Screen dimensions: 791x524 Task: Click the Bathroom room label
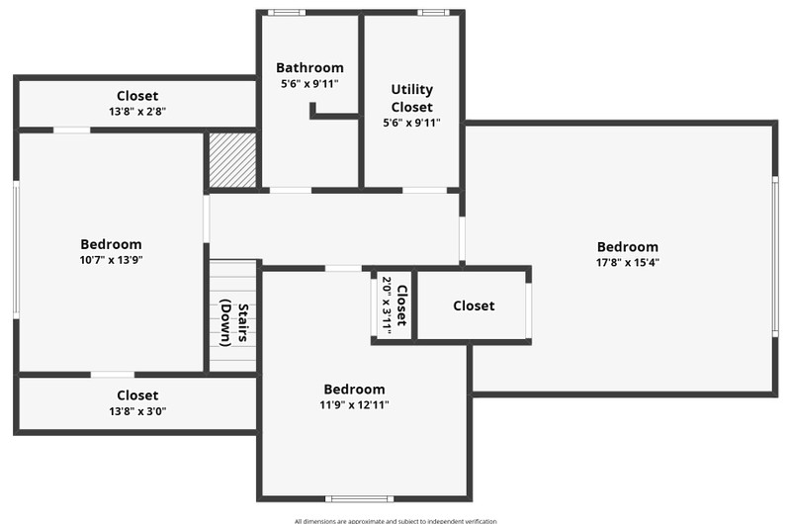(x=309, y=67)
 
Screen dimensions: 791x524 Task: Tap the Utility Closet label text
(x=411, y=98)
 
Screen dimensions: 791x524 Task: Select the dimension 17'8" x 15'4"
(x=628, y=262)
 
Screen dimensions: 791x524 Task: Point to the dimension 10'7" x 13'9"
(x=111, y=260)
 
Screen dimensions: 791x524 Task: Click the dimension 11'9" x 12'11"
(x=354, y=404)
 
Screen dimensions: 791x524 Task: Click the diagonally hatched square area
(x=232, y=160)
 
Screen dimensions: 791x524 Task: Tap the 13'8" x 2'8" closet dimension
(x=137, y=112)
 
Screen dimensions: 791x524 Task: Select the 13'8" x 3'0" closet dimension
(x=137, y=411)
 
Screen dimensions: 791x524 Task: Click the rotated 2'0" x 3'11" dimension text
(x=387, y=306)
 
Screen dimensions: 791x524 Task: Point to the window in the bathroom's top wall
(x=287, y=13)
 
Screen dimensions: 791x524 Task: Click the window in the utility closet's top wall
(x=433, y=13)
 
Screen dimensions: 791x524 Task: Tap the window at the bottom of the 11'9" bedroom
(x=359, y=498)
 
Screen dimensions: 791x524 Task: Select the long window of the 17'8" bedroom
(x=775, y=257)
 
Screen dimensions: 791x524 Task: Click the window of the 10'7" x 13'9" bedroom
(x=16, y=250)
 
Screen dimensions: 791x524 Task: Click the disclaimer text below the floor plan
(x=395, y=521)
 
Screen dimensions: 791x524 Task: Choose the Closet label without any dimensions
(x=474, y=306)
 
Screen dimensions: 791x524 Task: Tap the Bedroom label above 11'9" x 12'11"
(x=354, y=390)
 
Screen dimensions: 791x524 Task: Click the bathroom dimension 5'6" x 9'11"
(x=309, y=84)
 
